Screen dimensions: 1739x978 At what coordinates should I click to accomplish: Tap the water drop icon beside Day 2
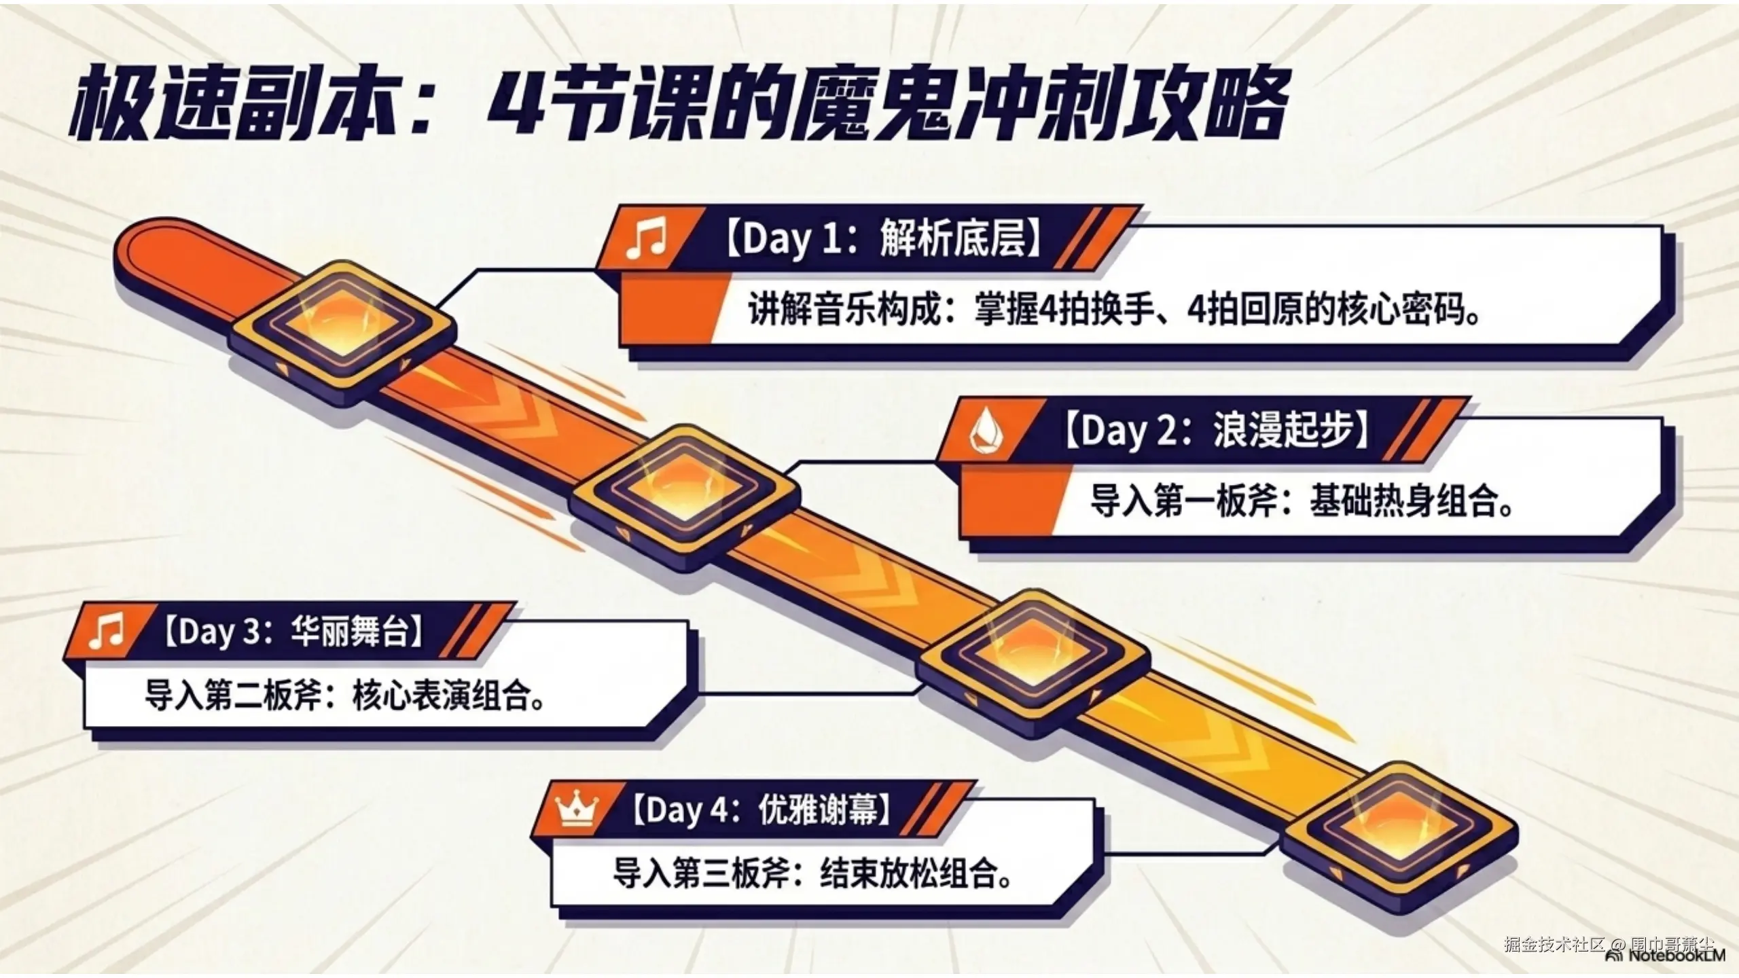tap(984, 431)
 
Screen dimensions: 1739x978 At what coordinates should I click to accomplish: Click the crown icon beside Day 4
tap(577, 810)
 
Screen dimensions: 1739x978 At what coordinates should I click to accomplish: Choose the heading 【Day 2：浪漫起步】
tap(1216, 431)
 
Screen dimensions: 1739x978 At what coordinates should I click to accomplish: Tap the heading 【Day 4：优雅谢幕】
tap(761, 810)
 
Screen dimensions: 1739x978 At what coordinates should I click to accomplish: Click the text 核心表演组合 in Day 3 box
tap(445, 696)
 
